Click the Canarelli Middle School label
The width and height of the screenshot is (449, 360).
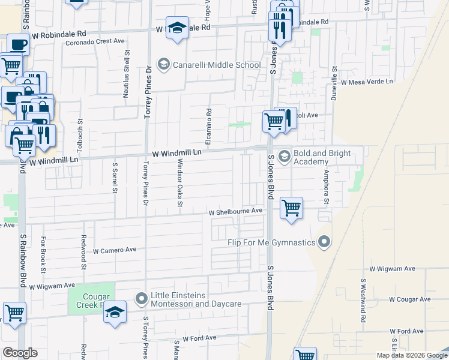[x=216, y=65]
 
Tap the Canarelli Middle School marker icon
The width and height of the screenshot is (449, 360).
[x=162, y=64]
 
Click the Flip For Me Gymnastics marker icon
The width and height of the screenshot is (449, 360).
[x=324, y=242]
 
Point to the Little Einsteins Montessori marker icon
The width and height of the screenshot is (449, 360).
[x=142, y=298]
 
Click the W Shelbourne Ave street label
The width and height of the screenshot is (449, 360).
[x=236, y=212]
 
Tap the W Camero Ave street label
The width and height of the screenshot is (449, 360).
[x=115, y=250]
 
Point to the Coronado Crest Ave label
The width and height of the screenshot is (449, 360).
[x=95, y=41]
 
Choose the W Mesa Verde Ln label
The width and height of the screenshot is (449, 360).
[x=366, y=81]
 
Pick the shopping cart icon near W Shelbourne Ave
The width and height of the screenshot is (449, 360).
[x=291, y=209]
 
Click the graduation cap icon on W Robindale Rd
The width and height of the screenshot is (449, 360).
[x=177, y=28]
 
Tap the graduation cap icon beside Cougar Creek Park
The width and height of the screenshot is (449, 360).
[x=115, y=312]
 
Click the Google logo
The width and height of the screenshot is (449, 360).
[x=20, y=353]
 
